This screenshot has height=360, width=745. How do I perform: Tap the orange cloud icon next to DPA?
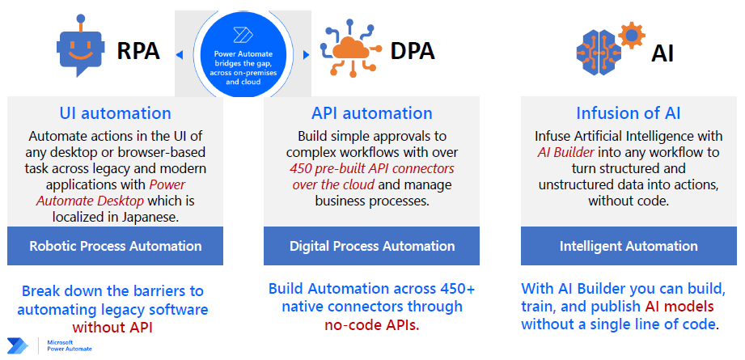[x=350, y=48]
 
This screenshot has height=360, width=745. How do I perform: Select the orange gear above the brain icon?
[x=632, y=35]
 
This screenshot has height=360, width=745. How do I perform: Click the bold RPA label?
[x=138, y=51]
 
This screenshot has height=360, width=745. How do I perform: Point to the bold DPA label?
[x=413, y=51]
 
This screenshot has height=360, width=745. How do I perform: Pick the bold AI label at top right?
[x=662, y=53]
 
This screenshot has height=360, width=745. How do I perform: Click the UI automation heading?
[x=115, y=113]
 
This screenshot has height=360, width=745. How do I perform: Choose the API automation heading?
[x=372, y=113]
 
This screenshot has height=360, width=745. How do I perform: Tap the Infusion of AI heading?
[x=629, y=113]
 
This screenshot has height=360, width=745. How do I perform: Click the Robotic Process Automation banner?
[x=115, y=246]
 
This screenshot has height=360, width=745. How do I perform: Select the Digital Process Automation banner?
[x=371, y=246]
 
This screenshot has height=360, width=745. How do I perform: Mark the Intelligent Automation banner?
[x=629, y=246]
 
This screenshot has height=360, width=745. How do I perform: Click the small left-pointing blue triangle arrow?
[x=180, y=56]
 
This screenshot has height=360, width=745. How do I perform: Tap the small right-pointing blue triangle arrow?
[x=306, y=55]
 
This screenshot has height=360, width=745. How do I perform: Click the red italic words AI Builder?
[x=565, y=152]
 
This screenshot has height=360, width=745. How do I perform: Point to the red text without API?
[x=112, y=327]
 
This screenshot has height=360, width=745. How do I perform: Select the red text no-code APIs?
[x=372, y=325]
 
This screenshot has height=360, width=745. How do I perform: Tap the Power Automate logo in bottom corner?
[x=18, y=345]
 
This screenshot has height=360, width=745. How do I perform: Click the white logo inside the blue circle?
[x=239, y=35]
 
